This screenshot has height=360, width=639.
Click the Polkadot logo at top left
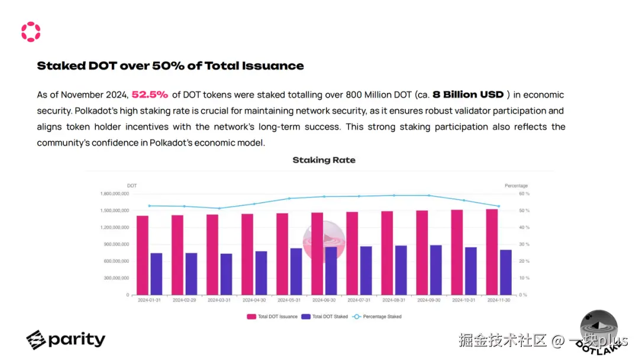(31, 32)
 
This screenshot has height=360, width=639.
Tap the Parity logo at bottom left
(66, 339)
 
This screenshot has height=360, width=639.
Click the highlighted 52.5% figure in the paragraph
(150, 95)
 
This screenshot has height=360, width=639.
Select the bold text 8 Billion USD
(468, 95)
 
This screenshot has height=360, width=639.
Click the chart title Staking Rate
(324, 160)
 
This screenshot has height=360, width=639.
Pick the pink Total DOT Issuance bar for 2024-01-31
(143, 255)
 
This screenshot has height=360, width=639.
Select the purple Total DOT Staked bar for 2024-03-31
(226, 274)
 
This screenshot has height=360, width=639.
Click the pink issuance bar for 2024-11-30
(492, 252)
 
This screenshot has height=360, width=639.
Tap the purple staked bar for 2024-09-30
(435, 269)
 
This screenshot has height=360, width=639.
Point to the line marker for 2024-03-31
(220, 208)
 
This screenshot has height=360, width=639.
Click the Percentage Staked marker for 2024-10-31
(464, 201)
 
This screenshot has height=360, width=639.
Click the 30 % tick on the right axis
(524, 244)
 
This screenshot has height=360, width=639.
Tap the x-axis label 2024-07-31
(359, 300)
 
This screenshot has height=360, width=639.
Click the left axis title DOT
(132, 186)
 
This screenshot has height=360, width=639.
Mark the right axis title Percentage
(516, 186)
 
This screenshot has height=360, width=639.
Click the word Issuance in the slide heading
(276, 66)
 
